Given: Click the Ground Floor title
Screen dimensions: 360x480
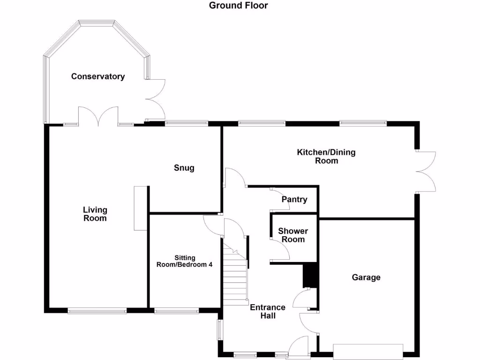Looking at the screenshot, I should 238,6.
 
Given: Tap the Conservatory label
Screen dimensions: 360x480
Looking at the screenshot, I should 98,76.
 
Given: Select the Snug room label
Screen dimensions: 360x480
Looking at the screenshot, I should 184,168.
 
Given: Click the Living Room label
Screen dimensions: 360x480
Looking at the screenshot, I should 95,214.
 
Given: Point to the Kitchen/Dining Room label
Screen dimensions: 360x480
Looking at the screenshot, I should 326,157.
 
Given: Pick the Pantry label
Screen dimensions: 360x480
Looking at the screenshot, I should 294,200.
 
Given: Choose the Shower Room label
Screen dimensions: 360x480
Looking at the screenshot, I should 293,235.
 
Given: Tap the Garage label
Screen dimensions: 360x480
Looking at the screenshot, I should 366,277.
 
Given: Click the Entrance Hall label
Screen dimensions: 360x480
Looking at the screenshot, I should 267,312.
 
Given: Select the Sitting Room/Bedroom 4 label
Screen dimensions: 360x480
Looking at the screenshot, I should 184,261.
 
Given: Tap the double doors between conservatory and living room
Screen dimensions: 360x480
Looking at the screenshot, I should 98,117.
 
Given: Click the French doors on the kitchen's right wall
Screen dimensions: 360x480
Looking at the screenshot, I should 426,172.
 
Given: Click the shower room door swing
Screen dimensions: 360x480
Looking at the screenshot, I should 280,249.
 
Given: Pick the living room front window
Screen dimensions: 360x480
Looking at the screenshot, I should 97,310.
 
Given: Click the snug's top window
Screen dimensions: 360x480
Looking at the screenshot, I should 186,123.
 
